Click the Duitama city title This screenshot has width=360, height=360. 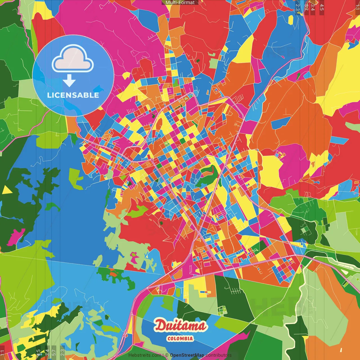[x=180, y=326]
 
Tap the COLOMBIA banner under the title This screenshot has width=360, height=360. [x=180, y=339]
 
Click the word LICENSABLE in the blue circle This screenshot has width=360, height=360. [x=73, y=95]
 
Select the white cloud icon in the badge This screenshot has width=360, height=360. [x=73, y=59]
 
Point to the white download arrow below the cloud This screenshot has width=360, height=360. [x=69, y=81]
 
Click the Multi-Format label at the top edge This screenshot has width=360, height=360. [x=180, y=3]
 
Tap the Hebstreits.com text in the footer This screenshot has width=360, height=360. [x=145, y=355]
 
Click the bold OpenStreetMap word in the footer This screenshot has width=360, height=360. [x=187, y=355]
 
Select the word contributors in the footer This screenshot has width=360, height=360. [x=219, y=355]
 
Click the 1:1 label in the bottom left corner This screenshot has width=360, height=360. [x=3, y=353]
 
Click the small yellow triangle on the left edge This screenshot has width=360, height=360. [x=7, y=190]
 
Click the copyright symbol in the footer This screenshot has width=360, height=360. [x=167, y=355]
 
